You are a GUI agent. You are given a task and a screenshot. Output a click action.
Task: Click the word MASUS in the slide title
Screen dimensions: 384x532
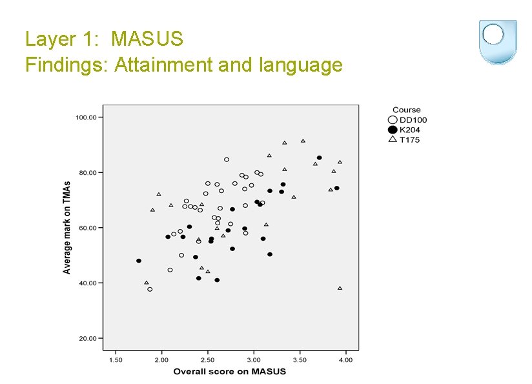(147, 39)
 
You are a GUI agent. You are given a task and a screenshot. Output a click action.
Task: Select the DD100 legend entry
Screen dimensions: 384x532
(413, 119)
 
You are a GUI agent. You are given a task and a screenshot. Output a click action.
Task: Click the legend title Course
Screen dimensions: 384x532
(406, 110)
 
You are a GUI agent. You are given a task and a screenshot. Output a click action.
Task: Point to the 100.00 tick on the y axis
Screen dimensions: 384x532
(86, 117)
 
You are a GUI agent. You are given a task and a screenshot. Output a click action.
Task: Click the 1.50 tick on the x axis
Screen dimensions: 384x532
(116, 359)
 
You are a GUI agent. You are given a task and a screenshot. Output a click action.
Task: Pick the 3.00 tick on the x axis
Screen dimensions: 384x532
(254, 359)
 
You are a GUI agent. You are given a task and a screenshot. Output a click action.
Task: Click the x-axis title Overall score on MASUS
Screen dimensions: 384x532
(229, 371)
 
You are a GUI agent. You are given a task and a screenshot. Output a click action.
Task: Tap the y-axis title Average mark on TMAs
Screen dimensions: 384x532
(66, 226)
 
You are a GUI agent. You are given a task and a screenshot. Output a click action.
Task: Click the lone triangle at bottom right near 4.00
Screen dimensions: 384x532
(340, 288)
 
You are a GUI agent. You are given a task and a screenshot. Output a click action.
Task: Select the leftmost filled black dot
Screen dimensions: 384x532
(139, 261)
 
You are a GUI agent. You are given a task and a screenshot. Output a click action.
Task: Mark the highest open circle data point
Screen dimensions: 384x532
(227, 159)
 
